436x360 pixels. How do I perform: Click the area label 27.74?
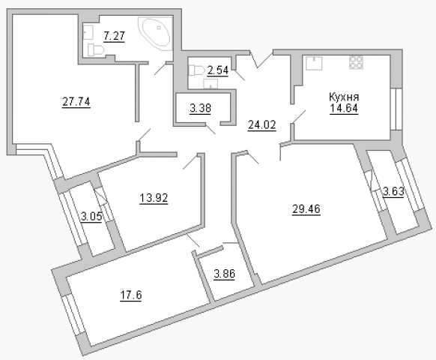tap(76, 102)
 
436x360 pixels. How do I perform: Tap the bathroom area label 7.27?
tap(115, 36)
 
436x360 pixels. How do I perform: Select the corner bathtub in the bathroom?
tap(154, 34)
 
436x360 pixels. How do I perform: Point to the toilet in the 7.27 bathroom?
tap(95, 50)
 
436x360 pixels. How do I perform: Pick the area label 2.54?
tap(218, 70)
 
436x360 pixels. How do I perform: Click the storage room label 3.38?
tap(201, 108)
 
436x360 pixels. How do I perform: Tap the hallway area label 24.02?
tap(261, 125)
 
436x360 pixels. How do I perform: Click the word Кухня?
tap(344, 97)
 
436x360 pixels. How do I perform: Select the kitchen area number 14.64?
tap(344, 108)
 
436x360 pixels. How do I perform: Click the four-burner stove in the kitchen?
tap(356, 62)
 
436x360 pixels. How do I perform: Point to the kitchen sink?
tap(314, 63)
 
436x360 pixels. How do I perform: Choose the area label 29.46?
tap(306, 208)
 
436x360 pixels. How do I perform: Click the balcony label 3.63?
tap(393, 191)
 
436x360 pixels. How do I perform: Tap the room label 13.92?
tap(154, 198)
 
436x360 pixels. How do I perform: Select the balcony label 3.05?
tap(91, 216)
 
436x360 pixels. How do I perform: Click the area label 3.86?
tap(225, 274)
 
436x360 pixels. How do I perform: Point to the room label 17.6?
tap(130, 295)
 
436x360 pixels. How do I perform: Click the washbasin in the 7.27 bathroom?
tap(88, 32)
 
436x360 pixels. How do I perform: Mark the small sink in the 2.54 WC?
tap(211, 83)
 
